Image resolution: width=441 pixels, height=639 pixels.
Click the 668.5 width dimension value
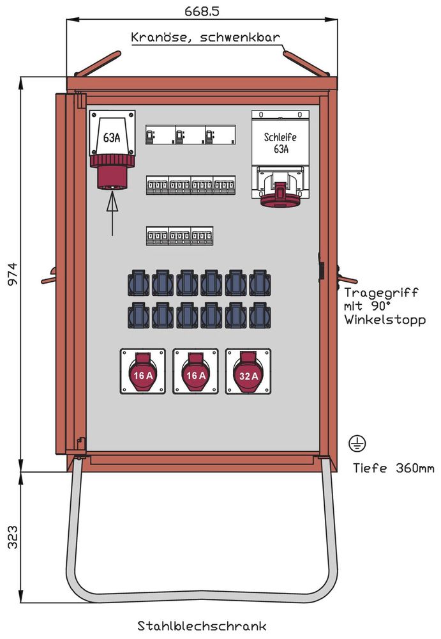pyautogui.click(x=202, y=10)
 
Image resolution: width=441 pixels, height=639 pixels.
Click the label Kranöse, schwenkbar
pyautogui.click(x=205, y=37)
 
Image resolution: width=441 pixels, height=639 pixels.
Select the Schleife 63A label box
pyautogui.click(x=280, y=142)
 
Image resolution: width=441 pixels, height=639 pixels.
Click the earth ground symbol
pyautogui.click(x=356, y=443)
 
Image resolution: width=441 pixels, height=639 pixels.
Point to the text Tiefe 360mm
pyautogui.click(x=394, y=468)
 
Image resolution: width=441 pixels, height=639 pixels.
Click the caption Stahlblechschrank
pyautogui.click(x=202, y=625)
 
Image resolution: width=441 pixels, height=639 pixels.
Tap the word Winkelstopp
pyautogui.click(x=385, y=320)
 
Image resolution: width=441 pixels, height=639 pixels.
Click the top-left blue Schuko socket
pyautogui.click(x=138, y=282)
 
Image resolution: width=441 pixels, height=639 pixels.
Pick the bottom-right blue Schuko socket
pyautogui.click(x=260, y=315)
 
